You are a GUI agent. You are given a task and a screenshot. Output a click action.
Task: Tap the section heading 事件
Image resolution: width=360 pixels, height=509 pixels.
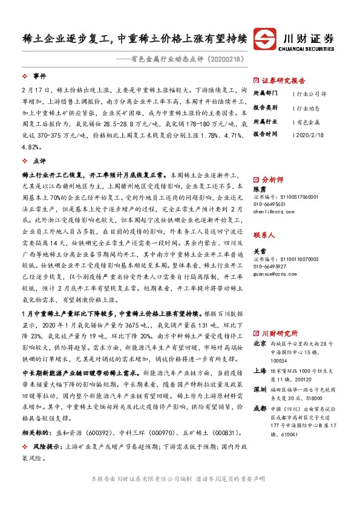[39, 77]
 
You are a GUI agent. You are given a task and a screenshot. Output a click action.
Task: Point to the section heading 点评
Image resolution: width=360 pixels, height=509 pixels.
[39, 161]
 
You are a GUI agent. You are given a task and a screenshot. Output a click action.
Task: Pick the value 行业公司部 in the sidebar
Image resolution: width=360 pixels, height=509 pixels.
[312, 94]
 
